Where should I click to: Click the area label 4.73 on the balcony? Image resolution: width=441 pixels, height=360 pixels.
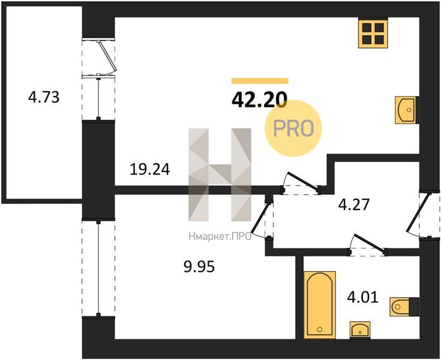tap(44, 97)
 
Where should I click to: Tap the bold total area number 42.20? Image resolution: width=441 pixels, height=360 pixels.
tap(259, 100)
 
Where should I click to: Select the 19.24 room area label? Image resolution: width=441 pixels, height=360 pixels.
tap(150, 169)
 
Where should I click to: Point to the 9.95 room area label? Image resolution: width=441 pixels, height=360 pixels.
tap(199, 266)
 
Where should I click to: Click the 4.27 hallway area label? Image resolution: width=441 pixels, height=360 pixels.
tap(353, 205)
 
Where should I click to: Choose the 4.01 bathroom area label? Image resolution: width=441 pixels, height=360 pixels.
tap(363, 297)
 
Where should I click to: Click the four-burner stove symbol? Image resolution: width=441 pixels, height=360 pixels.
tap(373, 33)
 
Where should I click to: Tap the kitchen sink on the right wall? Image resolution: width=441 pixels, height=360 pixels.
tap(407, 110)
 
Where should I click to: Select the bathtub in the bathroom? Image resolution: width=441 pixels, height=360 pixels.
tap(320, 305)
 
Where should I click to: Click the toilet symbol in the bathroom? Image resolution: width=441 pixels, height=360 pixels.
tap(404, 307)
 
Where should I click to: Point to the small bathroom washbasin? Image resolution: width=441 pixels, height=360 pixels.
tap(360, 330)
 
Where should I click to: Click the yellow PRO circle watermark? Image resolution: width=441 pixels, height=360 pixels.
tap(293, 128)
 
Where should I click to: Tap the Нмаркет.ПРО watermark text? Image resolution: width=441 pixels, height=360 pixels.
tap(220, 237)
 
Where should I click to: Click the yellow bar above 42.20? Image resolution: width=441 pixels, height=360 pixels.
tap(260, 81)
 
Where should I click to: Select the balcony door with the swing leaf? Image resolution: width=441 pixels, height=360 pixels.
tap(99, 56)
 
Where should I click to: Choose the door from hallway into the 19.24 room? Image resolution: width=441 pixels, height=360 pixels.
tap(301, 185)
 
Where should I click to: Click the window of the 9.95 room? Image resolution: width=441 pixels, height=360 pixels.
tap(98, 269)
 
